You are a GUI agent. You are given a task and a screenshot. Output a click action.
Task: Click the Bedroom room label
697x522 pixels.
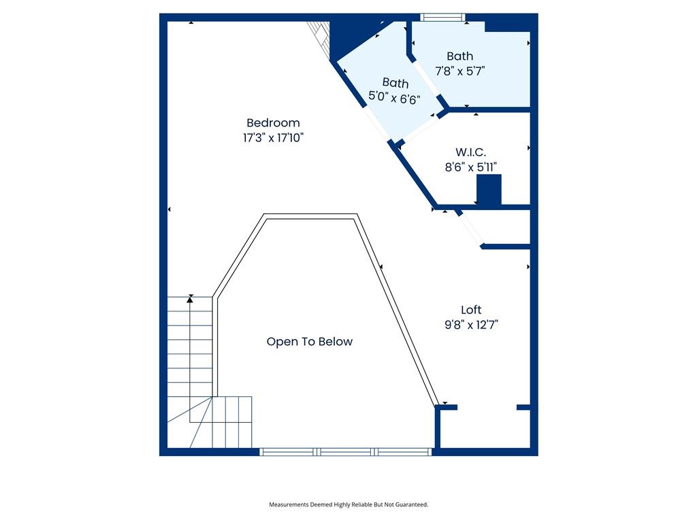(x=273, y=123)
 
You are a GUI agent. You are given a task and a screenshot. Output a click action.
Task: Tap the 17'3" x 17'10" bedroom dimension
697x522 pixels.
(x=273, y=137)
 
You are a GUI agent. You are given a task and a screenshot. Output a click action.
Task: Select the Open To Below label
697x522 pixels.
(x=310, y=342)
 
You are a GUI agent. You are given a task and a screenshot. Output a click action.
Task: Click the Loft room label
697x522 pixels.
(x=471, y=310)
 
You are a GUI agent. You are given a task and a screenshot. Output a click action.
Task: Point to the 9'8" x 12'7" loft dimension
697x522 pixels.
(x=471, y=325)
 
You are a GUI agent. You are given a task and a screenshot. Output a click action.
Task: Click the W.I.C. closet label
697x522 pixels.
(x=471, y=152)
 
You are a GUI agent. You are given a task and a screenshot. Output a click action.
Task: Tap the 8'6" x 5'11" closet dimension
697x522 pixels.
(x=471, y=167)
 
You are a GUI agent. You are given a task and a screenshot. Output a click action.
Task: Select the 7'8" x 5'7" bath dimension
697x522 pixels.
(x=459, y=71)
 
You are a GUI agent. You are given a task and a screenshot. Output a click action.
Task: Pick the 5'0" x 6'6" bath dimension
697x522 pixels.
(x=394, y=98)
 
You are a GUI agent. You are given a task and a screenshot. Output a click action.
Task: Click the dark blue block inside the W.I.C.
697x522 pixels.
(x=489, y=190)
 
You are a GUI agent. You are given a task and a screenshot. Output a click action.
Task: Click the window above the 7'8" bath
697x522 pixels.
(x=442, y=17)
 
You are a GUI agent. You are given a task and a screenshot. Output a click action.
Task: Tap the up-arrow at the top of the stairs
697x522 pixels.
(x=191, y=300)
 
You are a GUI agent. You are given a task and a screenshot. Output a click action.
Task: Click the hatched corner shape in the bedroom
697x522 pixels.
(x=320, y=39)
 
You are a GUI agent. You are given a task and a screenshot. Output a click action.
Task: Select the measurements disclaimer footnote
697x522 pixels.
(x=348, y=505)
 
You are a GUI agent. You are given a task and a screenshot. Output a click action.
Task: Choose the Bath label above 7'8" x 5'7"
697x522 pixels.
(x=459, y=56)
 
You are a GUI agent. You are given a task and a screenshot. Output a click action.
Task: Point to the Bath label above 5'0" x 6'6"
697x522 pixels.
(x=395, y=83)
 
